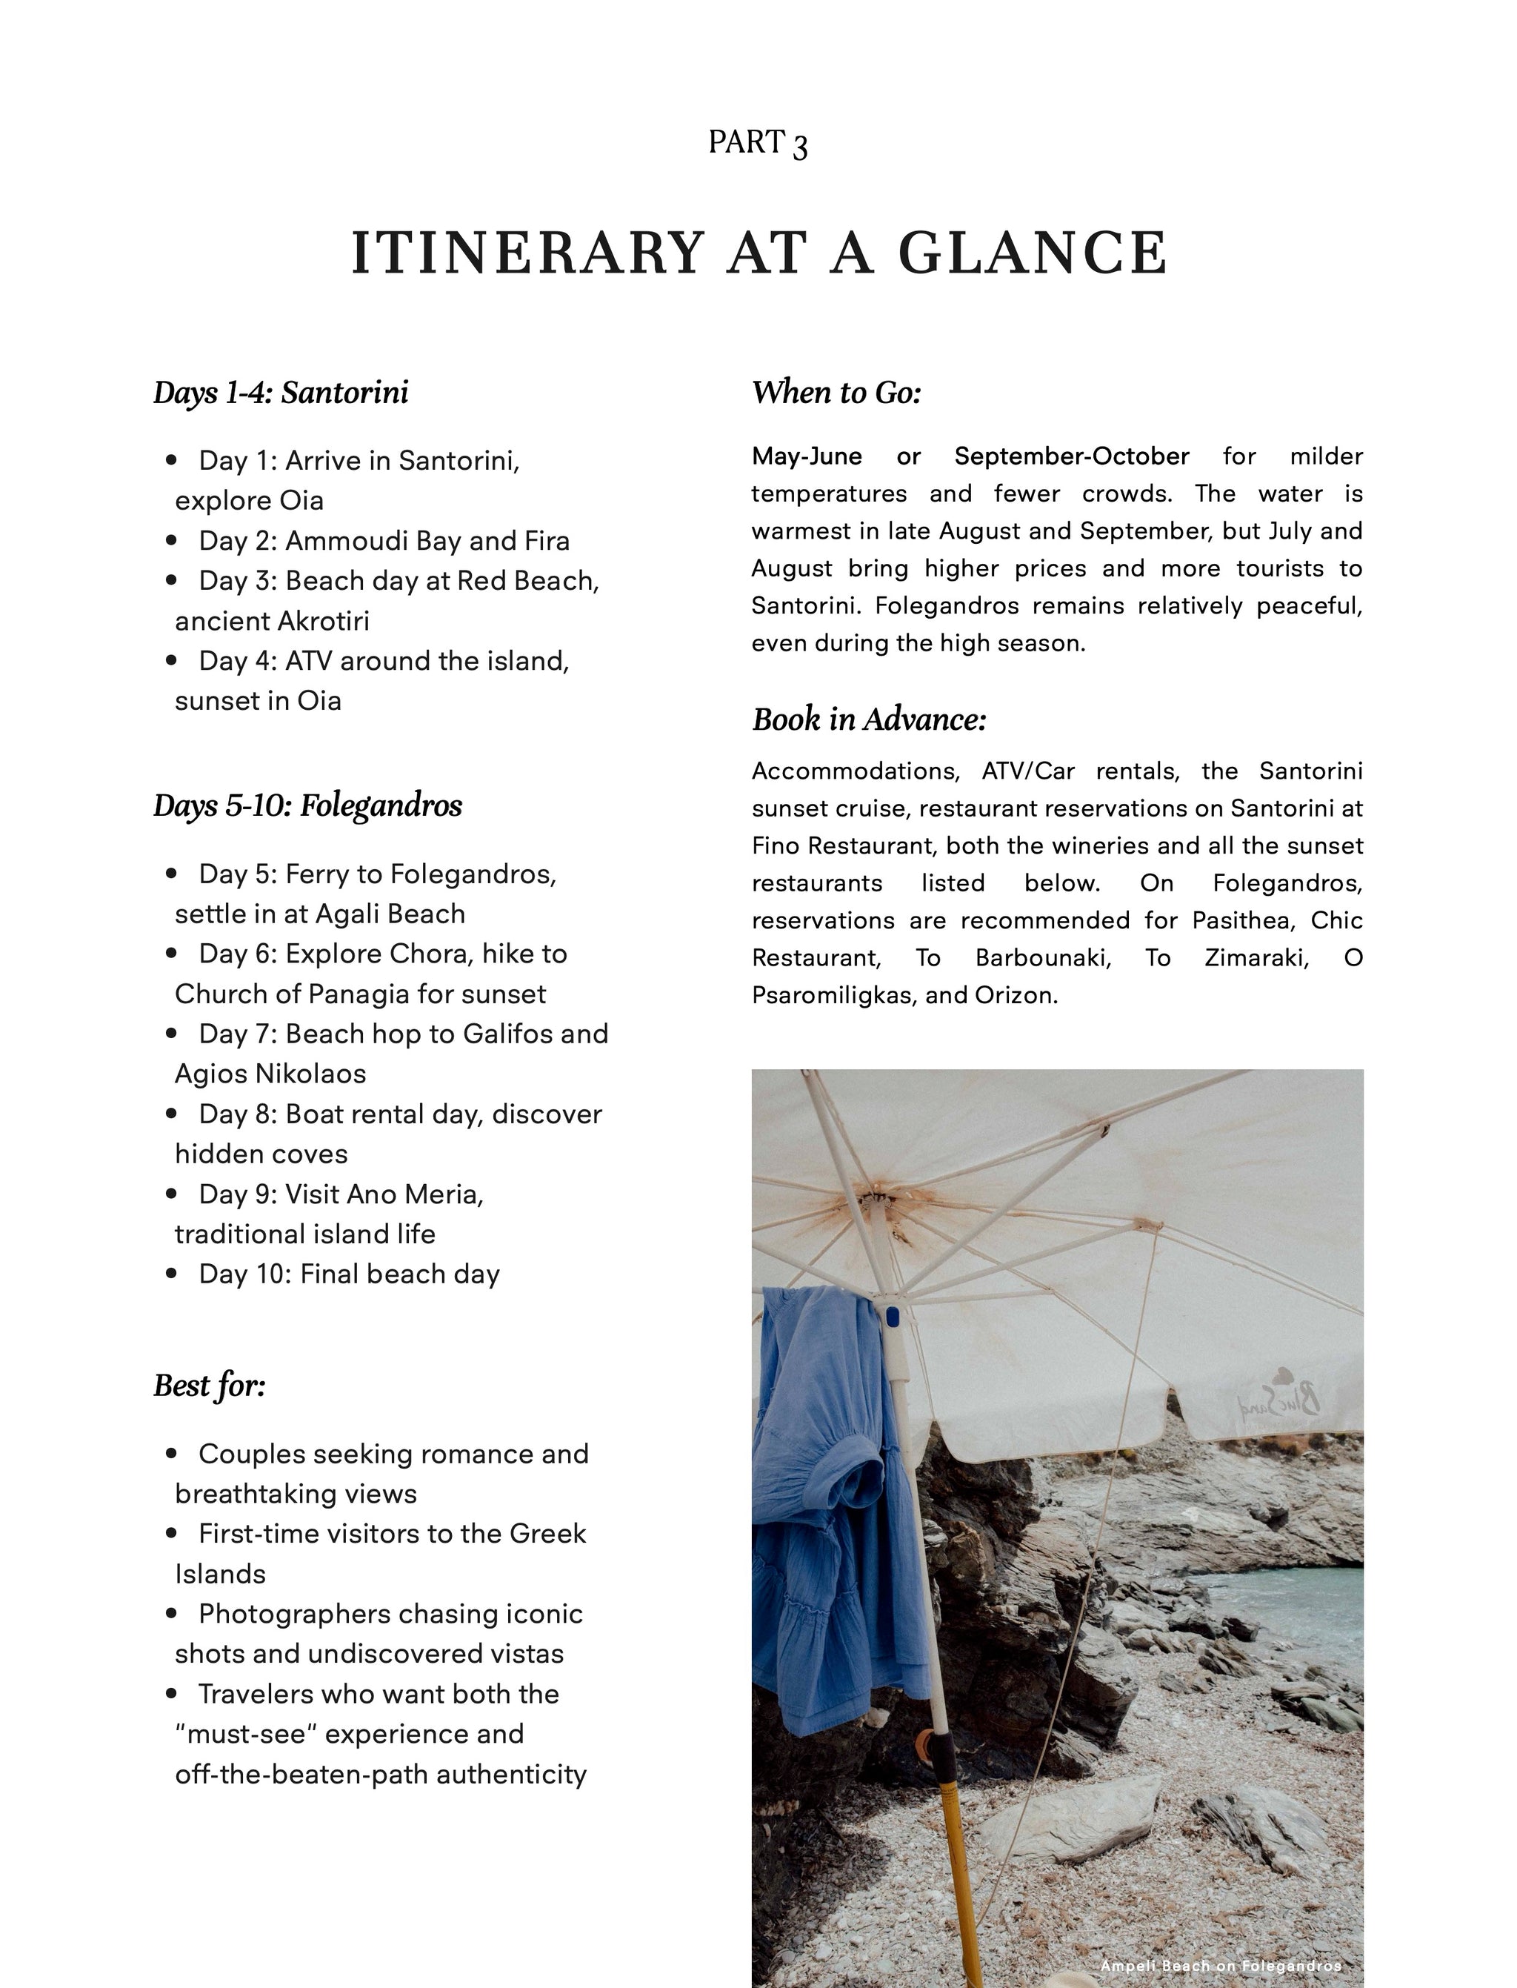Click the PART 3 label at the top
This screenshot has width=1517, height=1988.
pos(758,143)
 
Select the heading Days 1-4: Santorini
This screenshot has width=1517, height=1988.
pos(281,393)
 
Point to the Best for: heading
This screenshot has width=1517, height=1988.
pos(210,1386)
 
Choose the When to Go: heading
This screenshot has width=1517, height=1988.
pos(836,393)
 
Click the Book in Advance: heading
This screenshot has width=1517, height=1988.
pos(869,720)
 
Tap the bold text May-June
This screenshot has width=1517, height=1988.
pos(807,456)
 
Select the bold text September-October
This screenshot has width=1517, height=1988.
pos(1072,456)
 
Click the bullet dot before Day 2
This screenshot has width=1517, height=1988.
pos(172,541)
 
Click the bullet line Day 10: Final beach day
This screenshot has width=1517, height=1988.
pos(349,1274)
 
